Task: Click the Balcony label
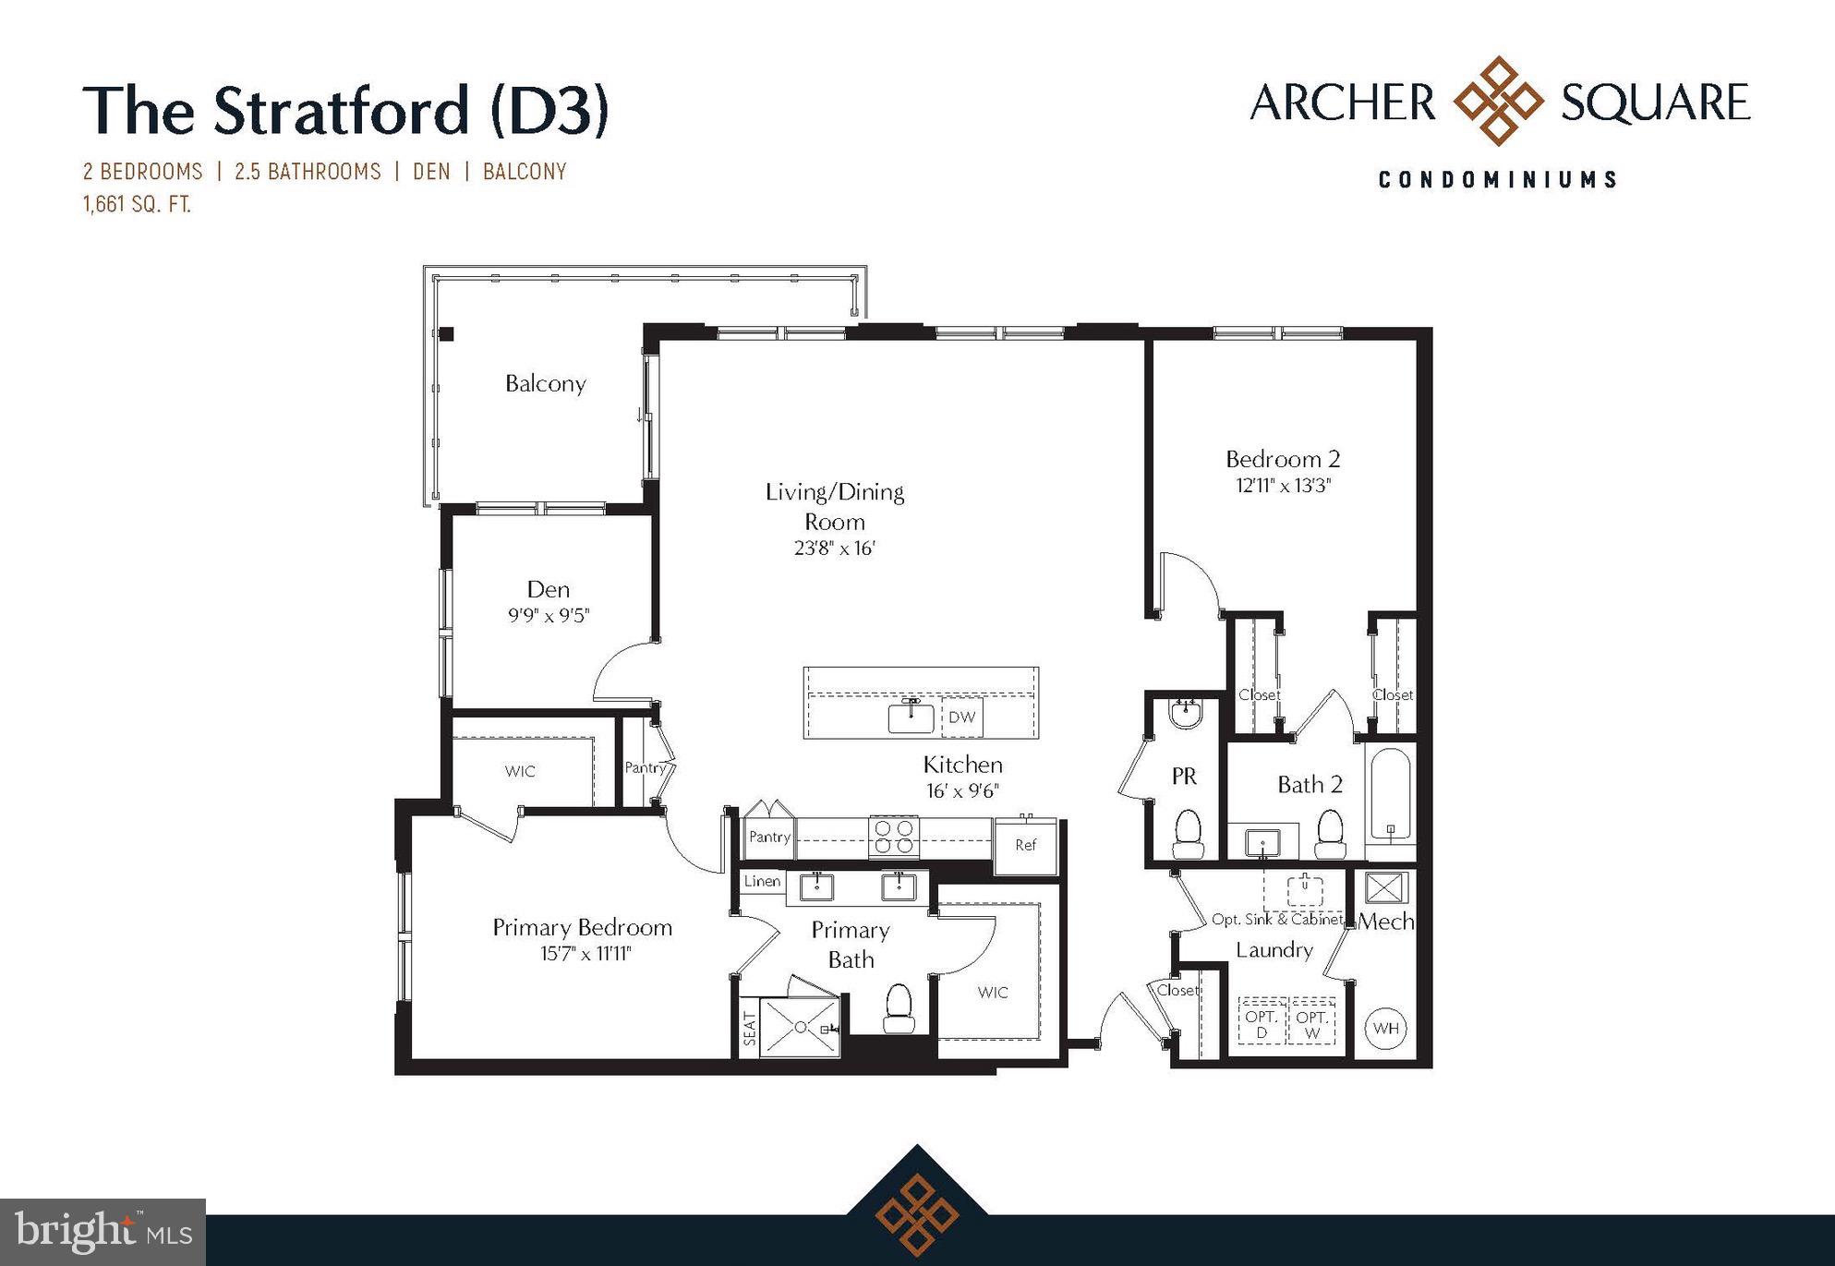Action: (x=545, y=383)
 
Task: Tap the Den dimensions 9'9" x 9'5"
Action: (x=548, y=616)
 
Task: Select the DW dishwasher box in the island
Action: (x=961, y=717)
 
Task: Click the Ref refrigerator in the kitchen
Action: (x=1025, y=845)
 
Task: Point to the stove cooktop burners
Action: (x=893, y=837)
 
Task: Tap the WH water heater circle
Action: (x=1385, y=1028)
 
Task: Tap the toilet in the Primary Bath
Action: (x=898, y=1007)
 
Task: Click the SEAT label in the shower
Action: (x=749, y=1029)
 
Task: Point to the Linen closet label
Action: (x=762, y=881)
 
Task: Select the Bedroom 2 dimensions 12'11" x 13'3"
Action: (x=1283, y=486)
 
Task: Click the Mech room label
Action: (x=1385, y=921)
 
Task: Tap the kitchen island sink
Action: (x=911, y=717)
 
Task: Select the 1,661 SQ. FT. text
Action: (x=137, y=204)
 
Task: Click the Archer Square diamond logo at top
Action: (x=1498, y=101)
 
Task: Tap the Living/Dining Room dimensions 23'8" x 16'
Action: (x=834, y=549)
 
